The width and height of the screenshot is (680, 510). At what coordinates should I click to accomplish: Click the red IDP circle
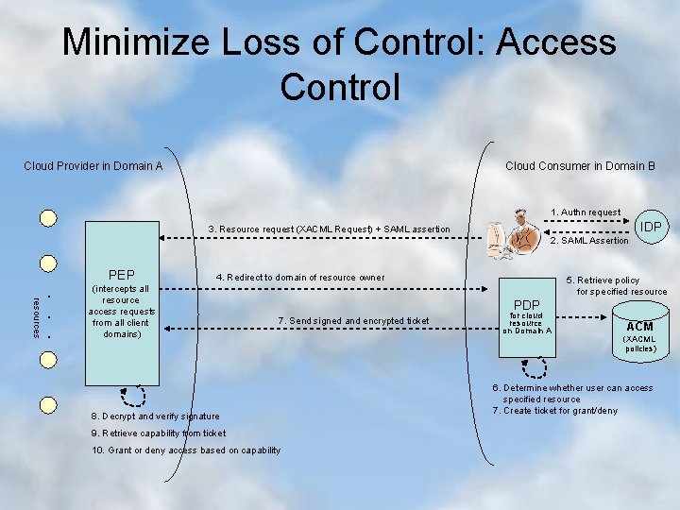(650, 227)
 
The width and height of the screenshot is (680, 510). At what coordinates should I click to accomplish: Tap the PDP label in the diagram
(526, 304)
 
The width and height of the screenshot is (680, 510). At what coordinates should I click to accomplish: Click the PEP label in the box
(122, 275)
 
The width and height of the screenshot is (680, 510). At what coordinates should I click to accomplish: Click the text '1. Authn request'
(586, 212)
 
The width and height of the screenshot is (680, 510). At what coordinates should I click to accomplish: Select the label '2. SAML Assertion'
(588, 241)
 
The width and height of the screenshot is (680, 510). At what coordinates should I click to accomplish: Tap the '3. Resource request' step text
(330, 229)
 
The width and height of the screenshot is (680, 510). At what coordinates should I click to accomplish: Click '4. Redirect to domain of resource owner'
(300, 278)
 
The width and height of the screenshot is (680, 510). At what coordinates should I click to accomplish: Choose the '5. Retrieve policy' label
(603, 280)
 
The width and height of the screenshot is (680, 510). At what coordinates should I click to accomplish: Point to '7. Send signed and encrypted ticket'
(354, 322)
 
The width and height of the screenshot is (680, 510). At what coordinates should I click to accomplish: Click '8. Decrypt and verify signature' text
(155, 416)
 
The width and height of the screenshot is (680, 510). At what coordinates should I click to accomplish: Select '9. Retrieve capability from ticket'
(159, 433)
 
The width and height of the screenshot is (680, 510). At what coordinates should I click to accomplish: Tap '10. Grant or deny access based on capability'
(186, 450)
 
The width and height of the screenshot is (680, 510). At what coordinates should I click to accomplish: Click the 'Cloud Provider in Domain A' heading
(93, 166)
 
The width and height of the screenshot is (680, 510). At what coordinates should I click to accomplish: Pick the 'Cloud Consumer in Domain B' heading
(580, 166)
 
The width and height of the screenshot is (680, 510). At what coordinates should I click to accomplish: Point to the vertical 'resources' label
(36, 315)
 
